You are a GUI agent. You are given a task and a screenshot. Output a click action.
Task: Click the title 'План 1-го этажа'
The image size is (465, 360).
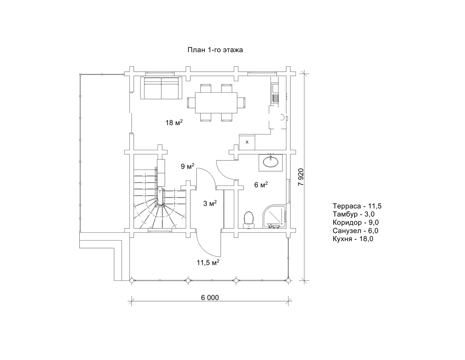[x=215, y=50]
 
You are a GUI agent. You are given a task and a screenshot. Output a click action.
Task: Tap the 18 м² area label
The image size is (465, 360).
[x=174, y=122]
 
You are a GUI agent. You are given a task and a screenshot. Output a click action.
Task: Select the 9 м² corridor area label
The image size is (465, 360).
[x=187, y=166]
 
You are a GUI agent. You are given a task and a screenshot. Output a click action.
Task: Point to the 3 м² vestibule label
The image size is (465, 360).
[x=210, y=203]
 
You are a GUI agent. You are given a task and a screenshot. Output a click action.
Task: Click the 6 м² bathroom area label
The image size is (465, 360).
[x=261, y=185]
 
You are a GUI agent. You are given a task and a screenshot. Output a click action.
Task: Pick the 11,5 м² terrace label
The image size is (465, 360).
[x=208, y=262]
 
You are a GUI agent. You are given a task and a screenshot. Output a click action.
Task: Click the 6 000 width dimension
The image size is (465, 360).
[x=210, y=298]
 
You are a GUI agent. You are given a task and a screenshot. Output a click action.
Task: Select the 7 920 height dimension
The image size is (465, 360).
[x=301, y=177]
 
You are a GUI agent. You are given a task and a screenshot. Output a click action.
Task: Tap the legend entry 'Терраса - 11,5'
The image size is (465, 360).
[x=357, y=206]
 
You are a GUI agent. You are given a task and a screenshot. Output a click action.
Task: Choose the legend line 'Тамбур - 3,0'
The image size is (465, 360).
[x=353, y=214]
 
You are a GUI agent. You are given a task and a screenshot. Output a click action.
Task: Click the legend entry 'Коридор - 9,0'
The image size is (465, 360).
[x=355, y=223]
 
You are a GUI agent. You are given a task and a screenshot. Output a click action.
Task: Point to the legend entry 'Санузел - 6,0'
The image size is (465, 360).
[x=355, y=231]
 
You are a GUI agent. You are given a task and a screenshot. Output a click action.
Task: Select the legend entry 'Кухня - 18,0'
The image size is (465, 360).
[x=353, y=239]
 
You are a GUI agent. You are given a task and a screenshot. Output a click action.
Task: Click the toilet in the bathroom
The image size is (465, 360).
[x=249, y=220]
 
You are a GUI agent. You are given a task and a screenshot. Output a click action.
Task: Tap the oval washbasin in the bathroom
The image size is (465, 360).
[x=270, y=162]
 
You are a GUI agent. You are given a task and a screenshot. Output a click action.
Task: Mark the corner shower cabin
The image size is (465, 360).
[x=274, y=216]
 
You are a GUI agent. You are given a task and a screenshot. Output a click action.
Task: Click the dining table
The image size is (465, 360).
[x=216, y=102]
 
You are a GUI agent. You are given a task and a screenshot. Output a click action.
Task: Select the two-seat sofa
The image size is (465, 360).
[x=161, y=88]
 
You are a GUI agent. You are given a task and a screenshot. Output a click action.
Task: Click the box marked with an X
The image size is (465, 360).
[x=247, y=142]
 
